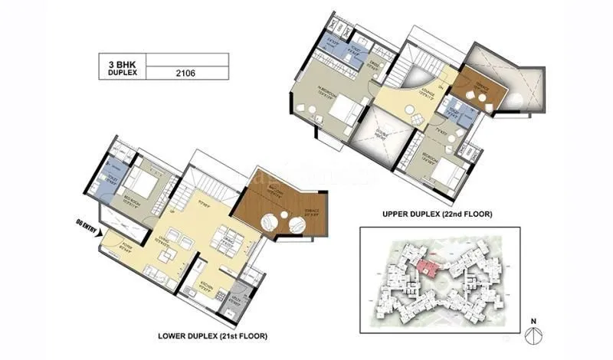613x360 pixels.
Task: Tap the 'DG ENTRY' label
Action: pos(84,227)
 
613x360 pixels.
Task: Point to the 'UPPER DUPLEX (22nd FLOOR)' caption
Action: pos(438,215)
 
